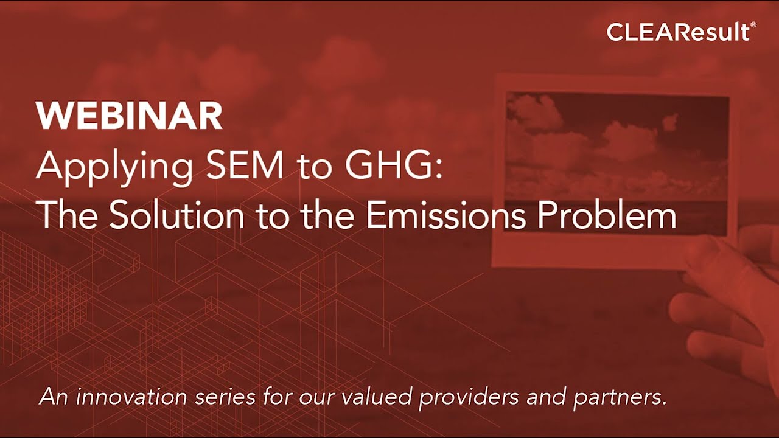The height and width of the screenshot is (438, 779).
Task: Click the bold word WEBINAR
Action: (129, 116)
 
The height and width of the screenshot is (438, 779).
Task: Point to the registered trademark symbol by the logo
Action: (753, 25)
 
